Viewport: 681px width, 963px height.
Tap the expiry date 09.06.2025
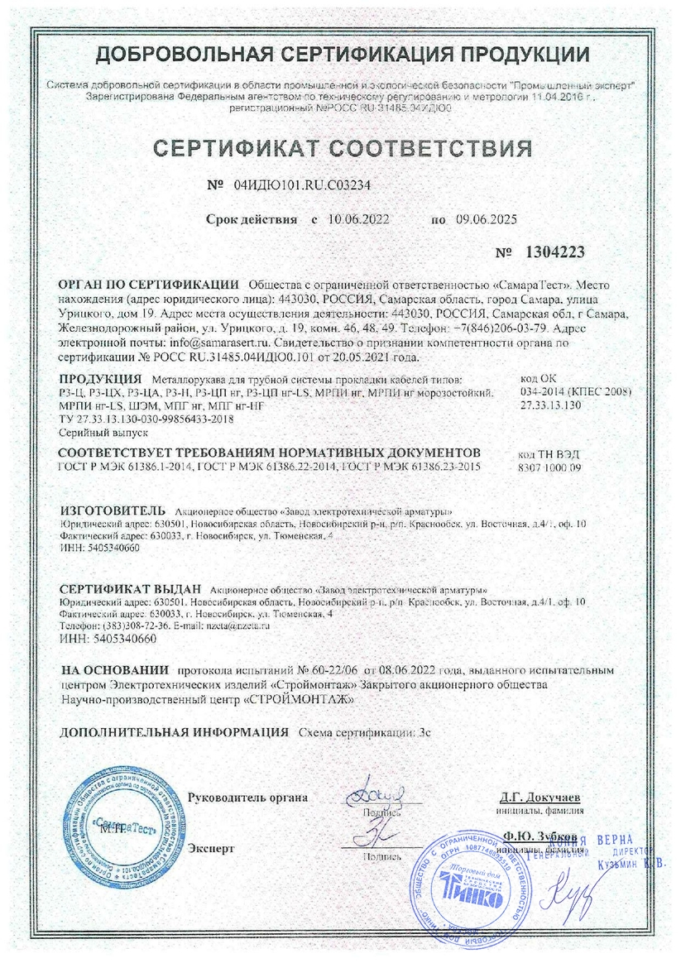coord(486,220)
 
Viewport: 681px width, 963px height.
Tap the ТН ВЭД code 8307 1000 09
coord(552,468)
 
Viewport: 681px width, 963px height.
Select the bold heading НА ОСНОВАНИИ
coord(114,668)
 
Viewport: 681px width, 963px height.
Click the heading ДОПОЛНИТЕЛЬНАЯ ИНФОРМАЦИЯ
coord(174,733)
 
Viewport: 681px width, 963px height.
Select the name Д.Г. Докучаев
coord(540,798)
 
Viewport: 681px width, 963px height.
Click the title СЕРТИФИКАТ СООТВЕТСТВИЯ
coord(341,149)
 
